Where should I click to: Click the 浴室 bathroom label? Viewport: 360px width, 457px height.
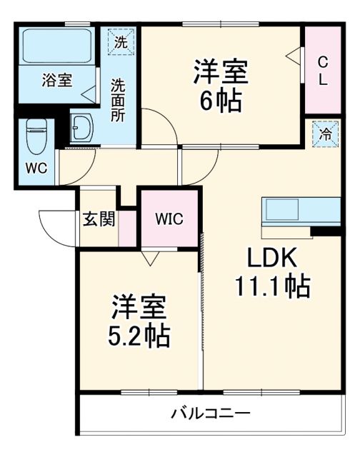tap(56, 80)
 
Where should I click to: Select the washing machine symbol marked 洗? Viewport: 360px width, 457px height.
tap(121, 41)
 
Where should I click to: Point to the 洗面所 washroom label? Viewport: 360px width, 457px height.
tap(117, 99)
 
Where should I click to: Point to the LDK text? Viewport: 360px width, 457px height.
tap(271, 258)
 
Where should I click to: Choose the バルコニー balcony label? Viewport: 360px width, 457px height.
tap(210, 413)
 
